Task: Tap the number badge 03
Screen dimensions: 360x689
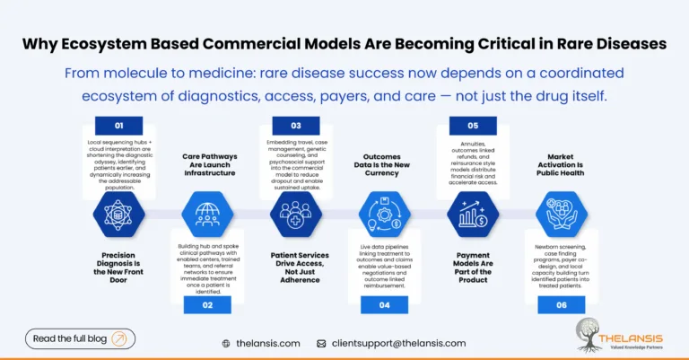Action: tap(296, 126)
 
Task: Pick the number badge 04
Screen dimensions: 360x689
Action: tap(384, 305)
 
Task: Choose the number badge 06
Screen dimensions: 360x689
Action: tap(562, 305)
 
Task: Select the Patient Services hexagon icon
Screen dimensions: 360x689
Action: tap(295, 216)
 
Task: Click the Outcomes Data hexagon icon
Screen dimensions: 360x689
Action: tap(384, 216)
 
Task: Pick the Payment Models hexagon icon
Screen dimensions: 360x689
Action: tap(474, 216)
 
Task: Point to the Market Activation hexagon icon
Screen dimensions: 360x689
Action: tap(562, 216)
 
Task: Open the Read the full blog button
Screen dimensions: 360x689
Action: tap(80, 338)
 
